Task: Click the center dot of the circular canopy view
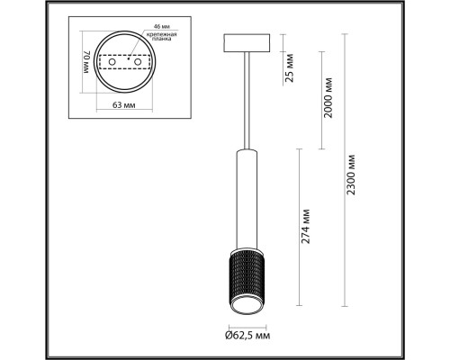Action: [126, 64]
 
